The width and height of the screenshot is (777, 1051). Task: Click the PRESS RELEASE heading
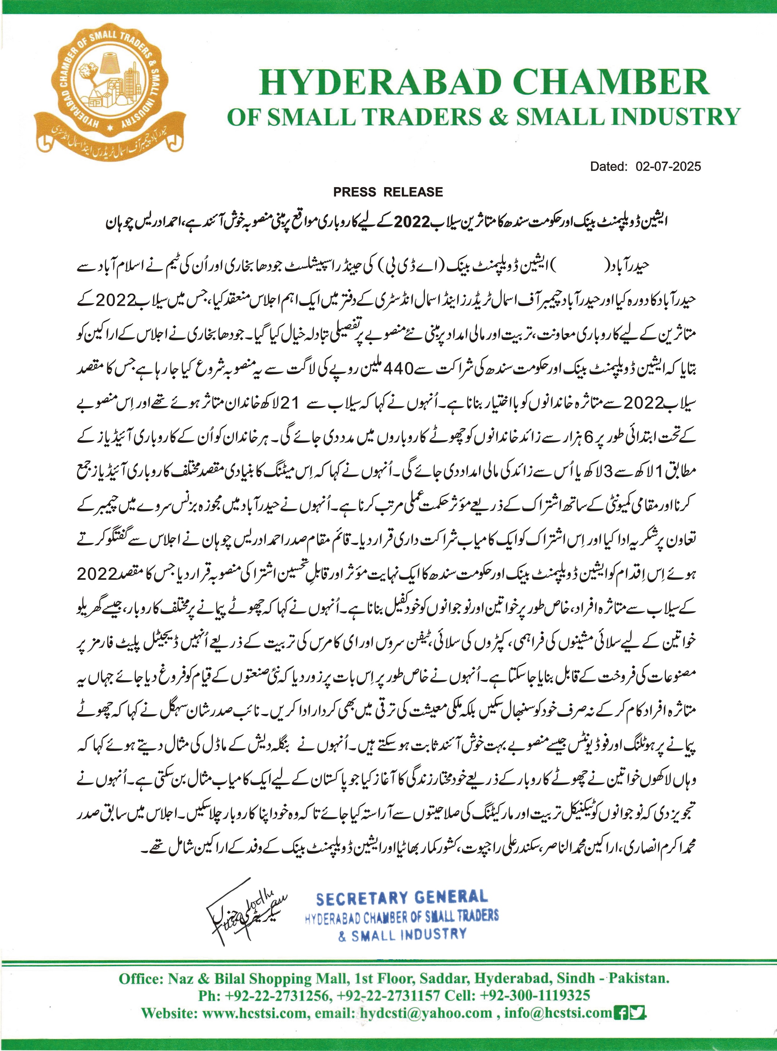(388, 192)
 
